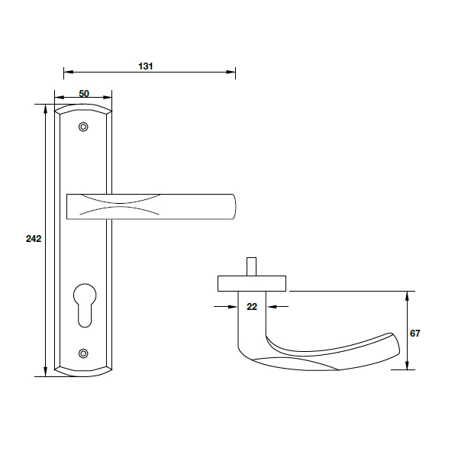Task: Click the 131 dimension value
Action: coord(146,66)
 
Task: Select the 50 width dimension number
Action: coord(84,94)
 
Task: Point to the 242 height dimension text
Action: coord(34,239)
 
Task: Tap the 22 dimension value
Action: coord(252,307)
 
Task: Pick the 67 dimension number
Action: coord(415,334)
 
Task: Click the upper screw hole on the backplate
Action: coord(83,127)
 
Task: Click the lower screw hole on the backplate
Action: coord(83,353)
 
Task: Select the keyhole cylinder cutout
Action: coord(85,305)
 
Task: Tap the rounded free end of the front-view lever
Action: coord(234,207)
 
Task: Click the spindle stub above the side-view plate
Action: coord(251,266)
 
